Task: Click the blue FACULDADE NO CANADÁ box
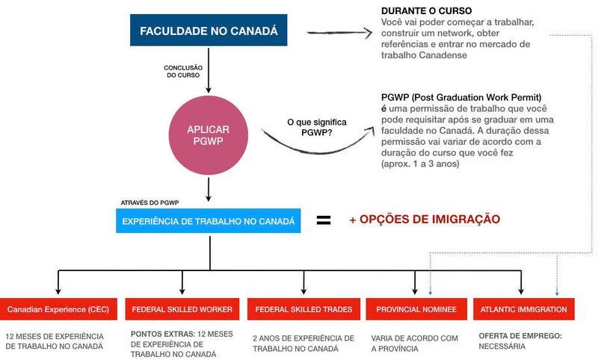pos(209,31)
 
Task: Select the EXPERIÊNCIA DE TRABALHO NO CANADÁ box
pos(209,221)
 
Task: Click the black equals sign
pos(324,220)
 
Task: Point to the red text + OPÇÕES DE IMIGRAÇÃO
pos(424,220)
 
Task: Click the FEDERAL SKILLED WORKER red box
pos(182,309)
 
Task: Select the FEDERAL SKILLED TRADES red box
pos(303,309)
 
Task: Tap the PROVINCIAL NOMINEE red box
pos(416,309)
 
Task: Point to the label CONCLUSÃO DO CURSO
pos(183,72)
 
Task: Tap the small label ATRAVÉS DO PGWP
pos(149,203)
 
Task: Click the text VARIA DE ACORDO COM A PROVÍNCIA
pos(414,343)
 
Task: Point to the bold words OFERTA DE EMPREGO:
pos(517,336)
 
